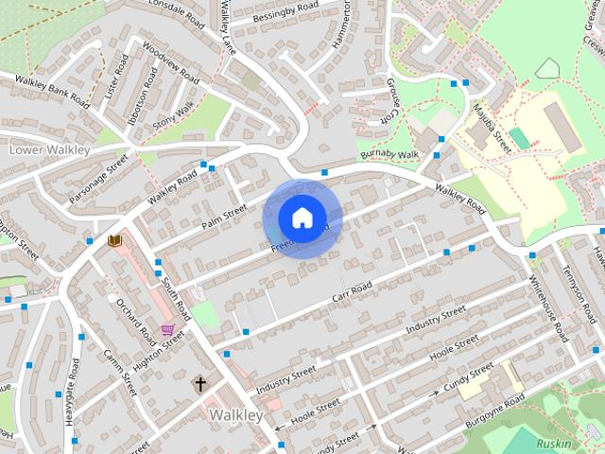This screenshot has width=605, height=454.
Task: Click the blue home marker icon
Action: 302,218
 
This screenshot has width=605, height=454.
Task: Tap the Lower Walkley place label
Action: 48,149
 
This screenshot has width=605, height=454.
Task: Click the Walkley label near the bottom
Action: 235,414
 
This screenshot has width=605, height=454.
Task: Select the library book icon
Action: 115,241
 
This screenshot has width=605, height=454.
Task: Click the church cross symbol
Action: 199,383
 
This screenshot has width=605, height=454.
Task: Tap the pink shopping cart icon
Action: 167,330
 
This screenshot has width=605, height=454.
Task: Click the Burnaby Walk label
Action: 388,155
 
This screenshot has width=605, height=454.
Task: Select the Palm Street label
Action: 225,217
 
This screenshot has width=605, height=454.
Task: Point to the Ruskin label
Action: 553,443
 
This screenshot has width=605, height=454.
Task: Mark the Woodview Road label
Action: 170,61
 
